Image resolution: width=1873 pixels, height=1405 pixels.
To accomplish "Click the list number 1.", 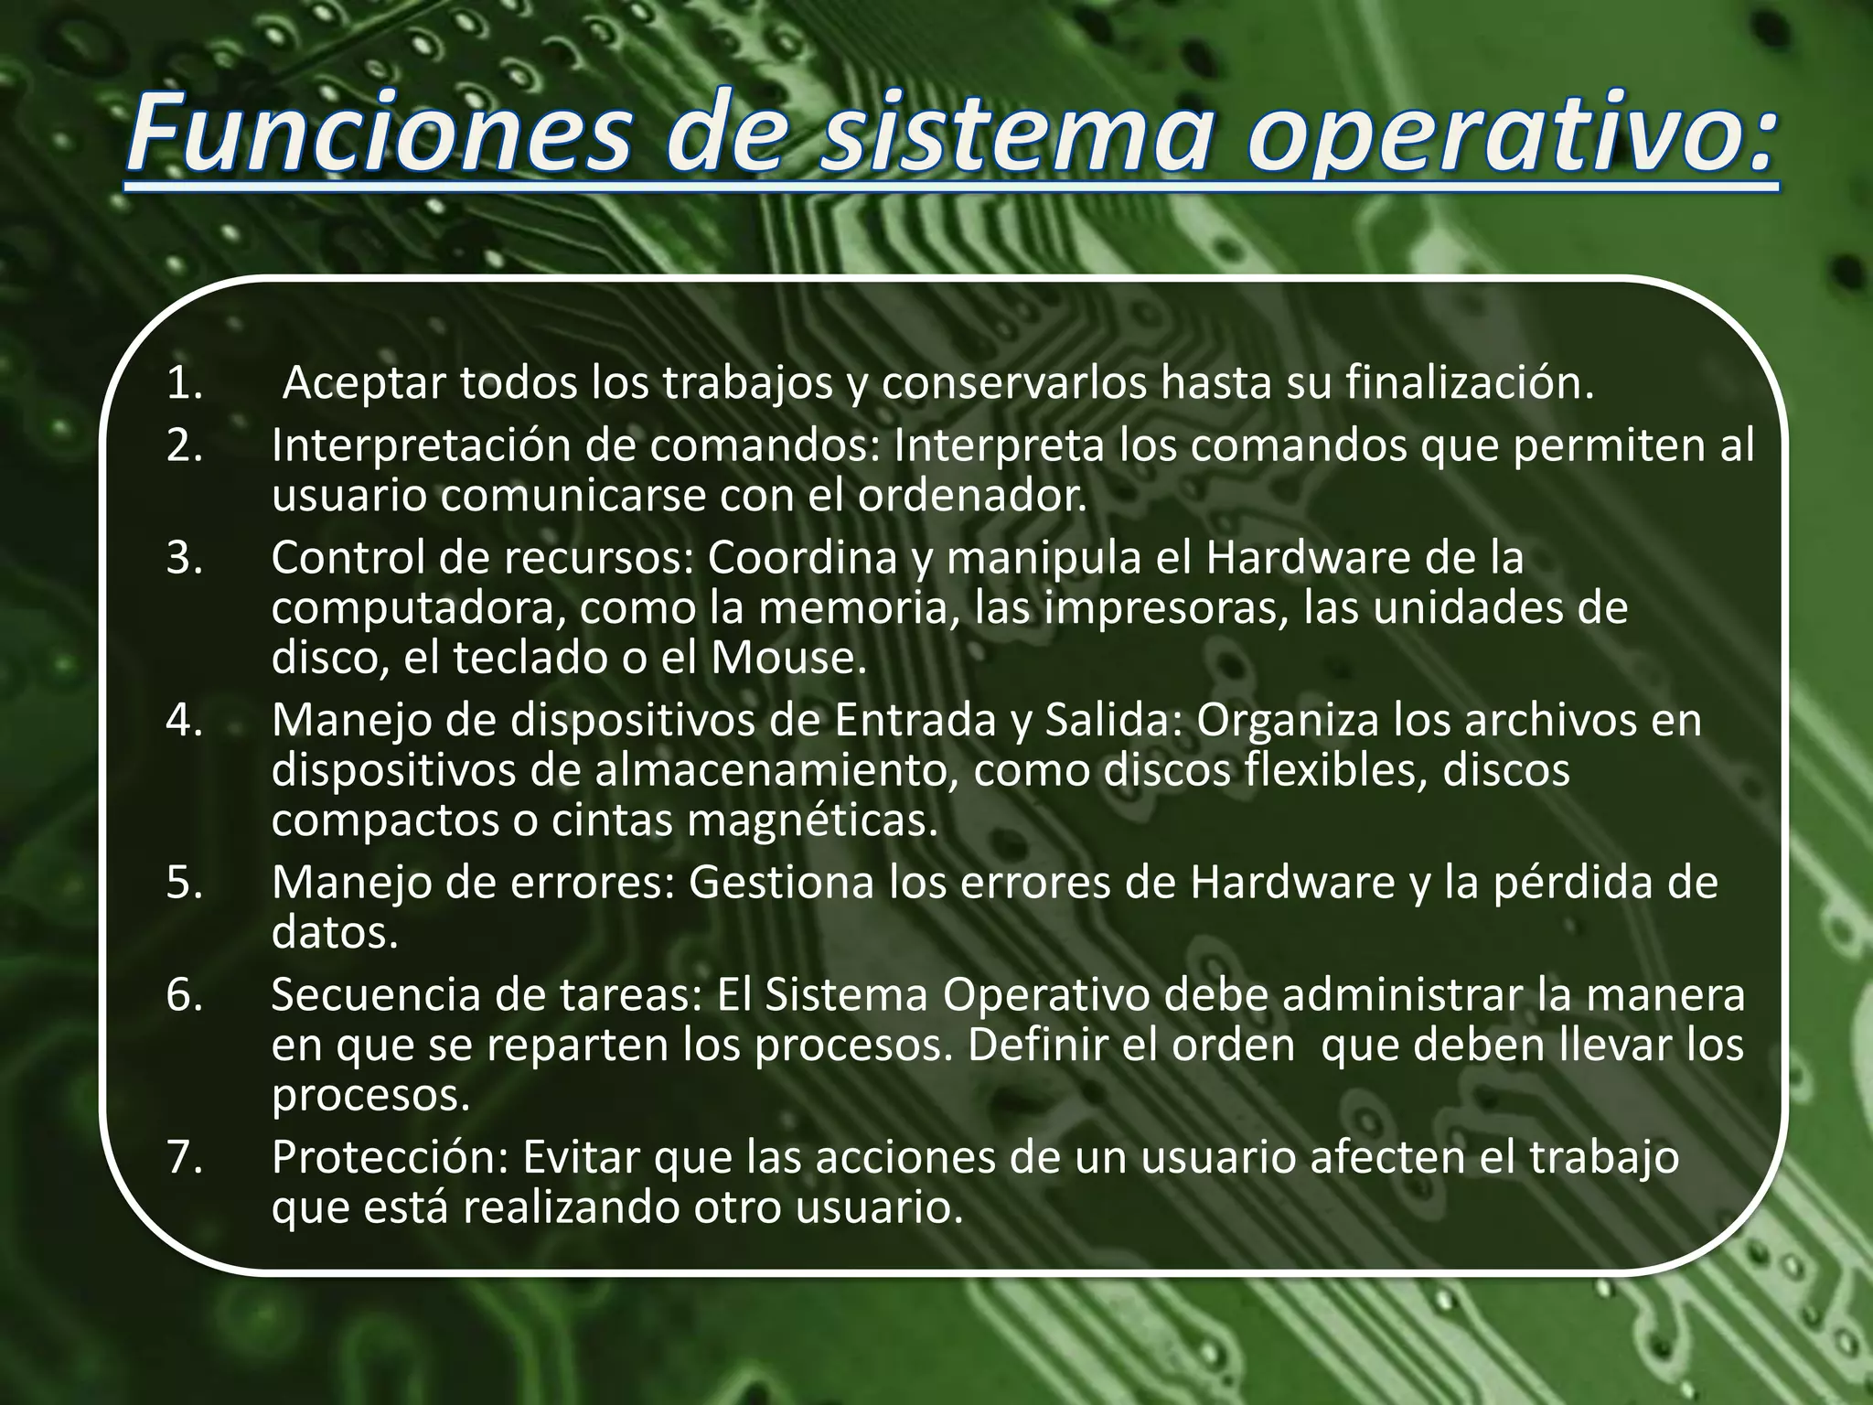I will [184, 384].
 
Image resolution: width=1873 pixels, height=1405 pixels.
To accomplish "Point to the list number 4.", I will [184, 721].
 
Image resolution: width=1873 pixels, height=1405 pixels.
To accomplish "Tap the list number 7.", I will [184, 1158].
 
